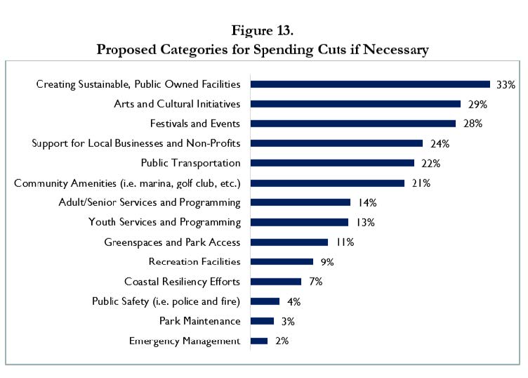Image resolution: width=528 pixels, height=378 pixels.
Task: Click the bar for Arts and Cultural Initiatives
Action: coord(355,104)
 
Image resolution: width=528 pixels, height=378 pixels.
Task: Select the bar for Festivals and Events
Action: coord(353,124)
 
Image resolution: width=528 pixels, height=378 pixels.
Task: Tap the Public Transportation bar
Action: coord(332,163)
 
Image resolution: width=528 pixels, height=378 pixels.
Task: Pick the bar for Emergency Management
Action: coord(259,341)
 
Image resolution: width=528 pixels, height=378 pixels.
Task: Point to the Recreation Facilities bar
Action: coord(282,262)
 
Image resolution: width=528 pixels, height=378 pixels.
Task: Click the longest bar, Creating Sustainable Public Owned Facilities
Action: coord(370,84)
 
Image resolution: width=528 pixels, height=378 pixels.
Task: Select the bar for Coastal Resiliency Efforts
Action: coord(276,282)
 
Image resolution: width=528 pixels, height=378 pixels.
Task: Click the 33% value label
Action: coord(506,84)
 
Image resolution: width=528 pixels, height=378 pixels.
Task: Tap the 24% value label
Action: coord(440,143)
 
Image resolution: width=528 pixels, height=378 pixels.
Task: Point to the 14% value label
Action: coord(367,202)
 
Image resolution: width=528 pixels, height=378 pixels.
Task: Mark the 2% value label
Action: coord(281,341)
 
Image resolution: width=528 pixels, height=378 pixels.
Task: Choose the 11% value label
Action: coord(344,242)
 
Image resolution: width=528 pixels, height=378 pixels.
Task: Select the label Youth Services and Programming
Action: coord(164,222)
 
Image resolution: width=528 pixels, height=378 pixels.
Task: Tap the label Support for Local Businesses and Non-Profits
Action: coord(136,143)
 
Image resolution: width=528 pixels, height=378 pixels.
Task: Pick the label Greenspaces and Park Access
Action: coord(172,242)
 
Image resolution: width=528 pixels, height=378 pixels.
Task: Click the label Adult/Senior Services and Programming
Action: coord(150,202)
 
